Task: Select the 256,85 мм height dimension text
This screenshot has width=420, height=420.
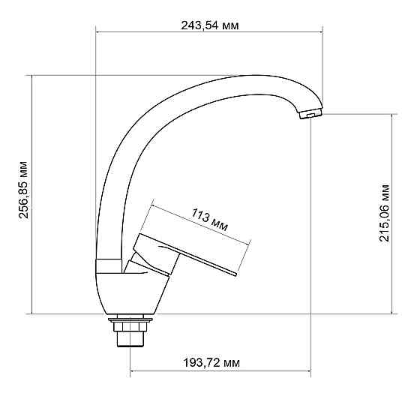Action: point(23,193)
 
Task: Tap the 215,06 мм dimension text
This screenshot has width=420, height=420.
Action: point(385,213)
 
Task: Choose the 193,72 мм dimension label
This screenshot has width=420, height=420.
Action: point(211,362)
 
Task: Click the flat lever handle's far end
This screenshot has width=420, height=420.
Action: point(234,275)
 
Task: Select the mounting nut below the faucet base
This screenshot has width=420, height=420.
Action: point(130,322)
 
